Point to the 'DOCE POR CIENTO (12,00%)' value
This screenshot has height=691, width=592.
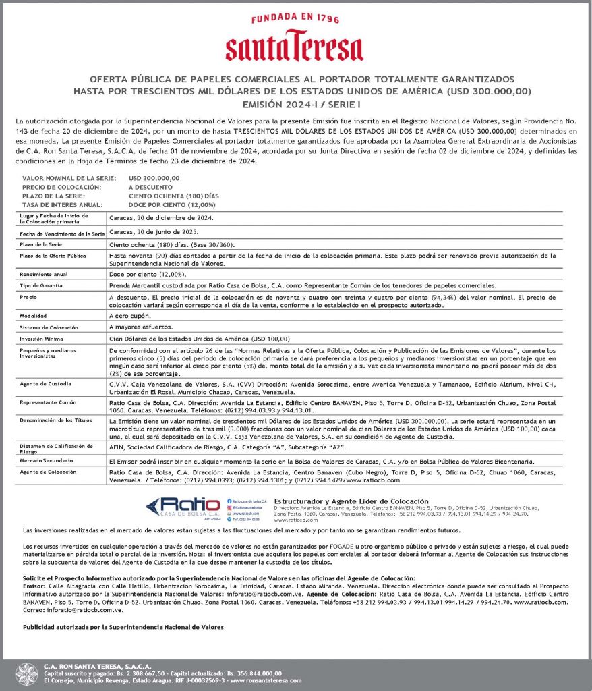172,204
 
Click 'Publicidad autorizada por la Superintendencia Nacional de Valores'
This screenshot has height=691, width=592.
123,626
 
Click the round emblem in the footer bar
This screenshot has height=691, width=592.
27,674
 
